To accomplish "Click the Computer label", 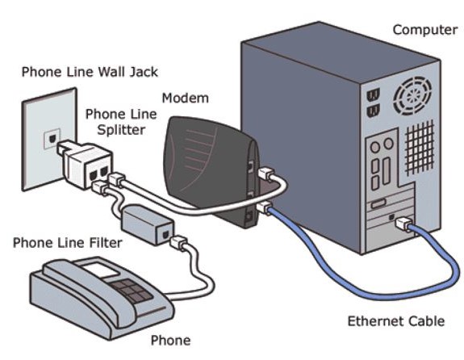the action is (x=425, y=30).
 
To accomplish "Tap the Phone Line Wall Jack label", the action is (x=90, y=72).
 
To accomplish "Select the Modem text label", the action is (x=186, y=98).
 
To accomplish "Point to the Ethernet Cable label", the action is (x=396, y=321).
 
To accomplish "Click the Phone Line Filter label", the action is (x=68, y=243).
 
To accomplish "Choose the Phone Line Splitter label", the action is (x=121, y=122).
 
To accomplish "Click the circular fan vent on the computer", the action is (x=412, y=95).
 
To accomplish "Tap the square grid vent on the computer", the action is (x=420, y=148).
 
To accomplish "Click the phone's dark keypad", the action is (x=132, y=291).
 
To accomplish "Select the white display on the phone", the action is (x=100, y=270).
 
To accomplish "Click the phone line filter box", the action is (x=147, y=224).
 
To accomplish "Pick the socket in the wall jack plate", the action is (x=52, y=139).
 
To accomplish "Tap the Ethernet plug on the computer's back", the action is (x=403, y=224).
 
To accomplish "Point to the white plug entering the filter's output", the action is (x=178, y=242).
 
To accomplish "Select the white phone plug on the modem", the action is (x=266, y=173).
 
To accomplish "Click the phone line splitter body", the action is (x=86, y=164).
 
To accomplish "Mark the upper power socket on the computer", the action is (x=373, y=95).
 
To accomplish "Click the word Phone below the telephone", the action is (x=170, y=341).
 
